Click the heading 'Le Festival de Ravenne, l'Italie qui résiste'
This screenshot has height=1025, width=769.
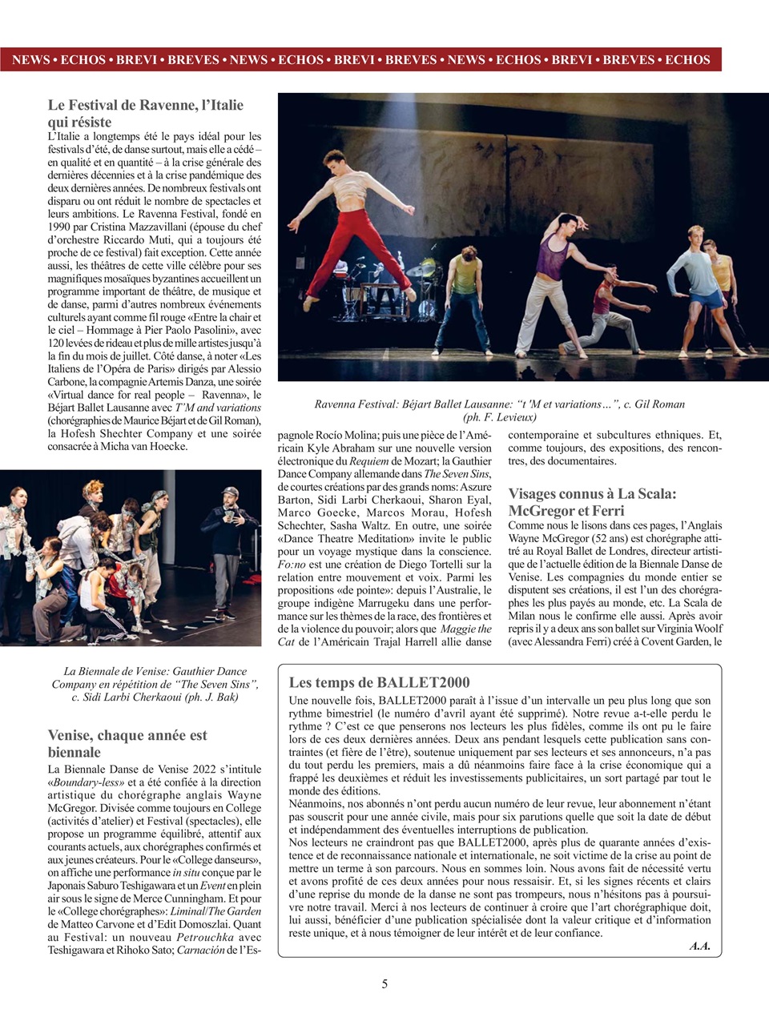[145, 113]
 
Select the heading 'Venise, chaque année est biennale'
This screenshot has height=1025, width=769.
[127, 743]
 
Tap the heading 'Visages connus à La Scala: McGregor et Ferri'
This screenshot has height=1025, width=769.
[592, 502]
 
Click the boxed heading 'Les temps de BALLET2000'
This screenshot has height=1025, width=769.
[379, 682]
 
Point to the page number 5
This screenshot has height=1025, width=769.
[384, 983]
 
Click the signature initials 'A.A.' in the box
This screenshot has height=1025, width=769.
[699, 946]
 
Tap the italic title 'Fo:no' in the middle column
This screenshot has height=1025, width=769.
[292, 565]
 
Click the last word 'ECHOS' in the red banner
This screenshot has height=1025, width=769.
[687, 60]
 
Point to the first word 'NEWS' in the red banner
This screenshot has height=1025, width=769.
[30, 60]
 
